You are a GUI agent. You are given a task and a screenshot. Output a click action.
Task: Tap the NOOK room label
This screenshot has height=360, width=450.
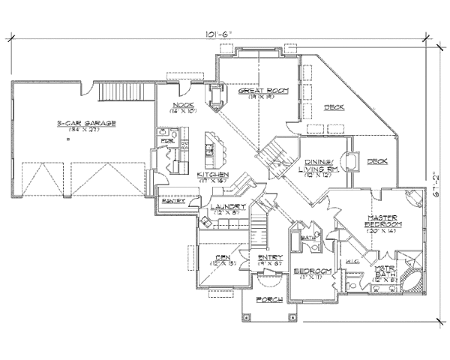click(x=184, y=105)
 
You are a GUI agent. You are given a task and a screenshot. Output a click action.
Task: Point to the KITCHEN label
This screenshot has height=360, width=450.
click(x=213, y=174)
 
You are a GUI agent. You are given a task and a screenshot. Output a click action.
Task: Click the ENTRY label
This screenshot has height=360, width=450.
click(x=270, y=258)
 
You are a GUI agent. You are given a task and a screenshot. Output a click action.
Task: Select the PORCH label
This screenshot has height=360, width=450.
click(x=268, y=299)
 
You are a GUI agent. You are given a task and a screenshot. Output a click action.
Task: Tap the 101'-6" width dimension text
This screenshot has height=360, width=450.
click(x=218, y=34)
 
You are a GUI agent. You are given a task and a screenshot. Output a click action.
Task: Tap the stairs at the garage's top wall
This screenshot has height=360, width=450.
click(x=120, y=93)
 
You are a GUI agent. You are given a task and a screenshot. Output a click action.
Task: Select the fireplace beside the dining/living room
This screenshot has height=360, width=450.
click(x=349, y=162)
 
